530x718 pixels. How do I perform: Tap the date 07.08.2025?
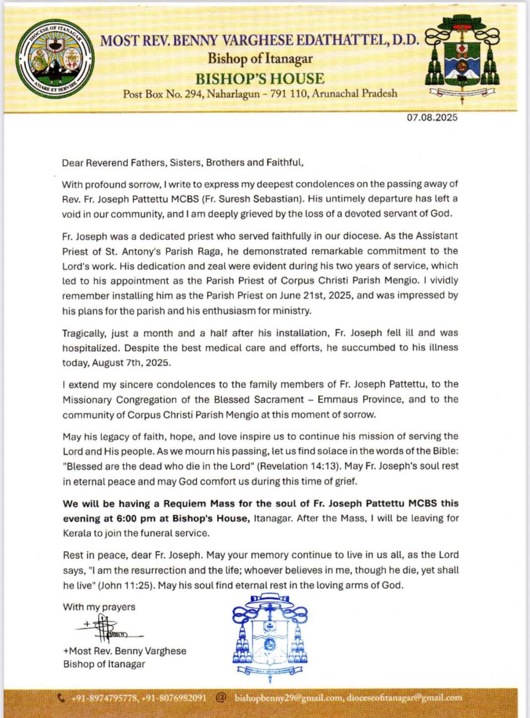point(432,118)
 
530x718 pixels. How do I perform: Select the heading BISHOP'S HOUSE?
point(260,79)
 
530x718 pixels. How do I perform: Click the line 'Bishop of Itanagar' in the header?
point(260,58)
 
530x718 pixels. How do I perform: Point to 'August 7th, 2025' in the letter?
point(131,363)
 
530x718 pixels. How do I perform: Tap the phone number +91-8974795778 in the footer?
point(105,698)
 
